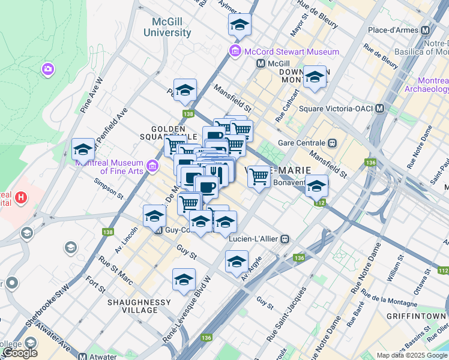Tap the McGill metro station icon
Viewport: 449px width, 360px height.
[x=261, y=64]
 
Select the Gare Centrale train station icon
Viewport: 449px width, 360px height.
[x=331, y=143]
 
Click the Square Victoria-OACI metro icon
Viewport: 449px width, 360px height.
[x=379, y=109]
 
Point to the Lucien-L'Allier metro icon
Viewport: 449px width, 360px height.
[x=286, y=239]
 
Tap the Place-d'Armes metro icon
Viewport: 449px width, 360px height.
[x=426, y=30]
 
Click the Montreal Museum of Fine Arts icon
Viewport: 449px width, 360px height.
[x=152, y=165]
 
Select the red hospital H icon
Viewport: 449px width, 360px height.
[x=21, y=196]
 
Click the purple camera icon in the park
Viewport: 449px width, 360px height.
[x=47, y=70]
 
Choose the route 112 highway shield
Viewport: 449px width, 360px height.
[x=319, y=203]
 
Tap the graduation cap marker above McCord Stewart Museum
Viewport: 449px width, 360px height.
[x=239, y=25]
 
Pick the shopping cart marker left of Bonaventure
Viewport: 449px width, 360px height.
[x=259, y=177]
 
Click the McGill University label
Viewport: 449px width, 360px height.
[x=171, y=27]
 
